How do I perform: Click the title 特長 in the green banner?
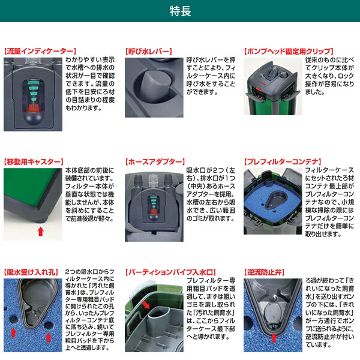(179, 11)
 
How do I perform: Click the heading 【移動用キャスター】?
(33, 163)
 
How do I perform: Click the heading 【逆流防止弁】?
(267, 272)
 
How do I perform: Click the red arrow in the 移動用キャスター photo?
(40, 231)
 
